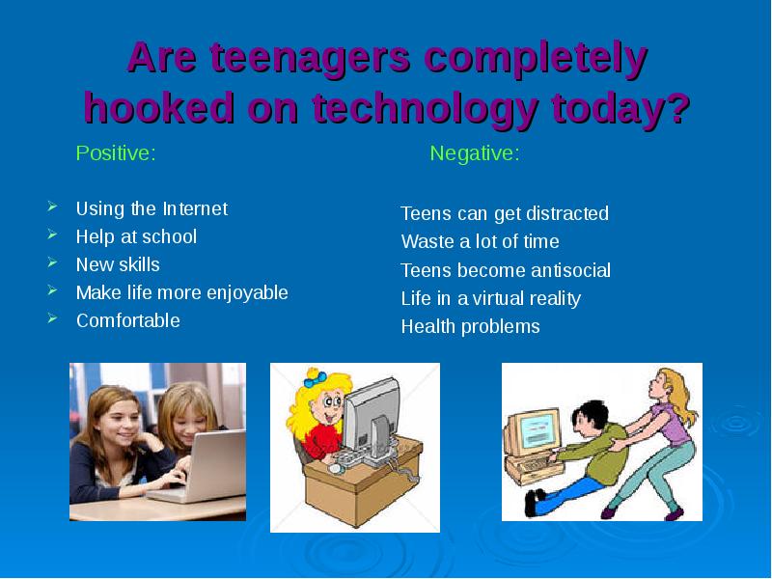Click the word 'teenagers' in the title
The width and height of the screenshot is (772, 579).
click(311, 58)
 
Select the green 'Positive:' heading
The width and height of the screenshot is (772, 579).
click(116, 152)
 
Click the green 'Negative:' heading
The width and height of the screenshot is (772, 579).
click(475, 153)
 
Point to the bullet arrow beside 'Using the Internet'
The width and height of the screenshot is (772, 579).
click(53, 207)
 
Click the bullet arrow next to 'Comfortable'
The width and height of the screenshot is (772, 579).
click(53, 318)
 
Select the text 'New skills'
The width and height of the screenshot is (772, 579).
click(118, 264)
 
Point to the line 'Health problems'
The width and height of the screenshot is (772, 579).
click(470, 327)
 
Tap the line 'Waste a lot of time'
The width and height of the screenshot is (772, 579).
click(480, 242)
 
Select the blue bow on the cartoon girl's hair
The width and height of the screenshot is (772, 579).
click(316, 378)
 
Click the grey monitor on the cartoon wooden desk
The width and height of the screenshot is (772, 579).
click(372, 420)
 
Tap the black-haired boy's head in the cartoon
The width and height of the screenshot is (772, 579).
click(590, 419)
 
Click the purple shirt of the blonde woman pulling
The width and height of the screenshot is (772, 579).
click(670, 425)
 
